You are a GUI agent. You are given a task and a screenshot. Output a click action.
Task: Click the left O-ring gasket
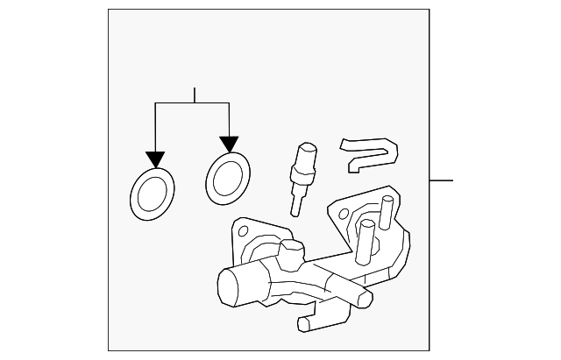152,193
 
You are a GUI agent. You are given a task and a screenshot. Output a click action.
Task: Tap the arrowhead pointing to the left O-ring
155,159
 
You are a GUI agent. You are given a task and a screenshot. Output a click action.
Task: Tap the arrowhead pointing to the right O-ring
229,143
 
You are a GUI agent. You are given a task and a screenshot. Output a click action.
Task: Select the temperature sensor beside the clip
304,175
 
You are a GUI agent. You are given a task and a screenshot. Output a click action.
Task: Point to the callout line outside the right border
441,180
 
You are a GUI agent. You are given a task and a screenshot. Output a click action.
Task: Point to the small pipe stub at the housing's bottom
311,322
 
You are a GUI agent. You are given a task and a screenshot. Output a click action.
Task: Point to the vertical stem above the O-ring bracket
194,95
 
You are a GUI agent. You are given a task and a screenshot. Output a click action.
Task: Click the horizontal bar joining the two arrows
192,103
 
